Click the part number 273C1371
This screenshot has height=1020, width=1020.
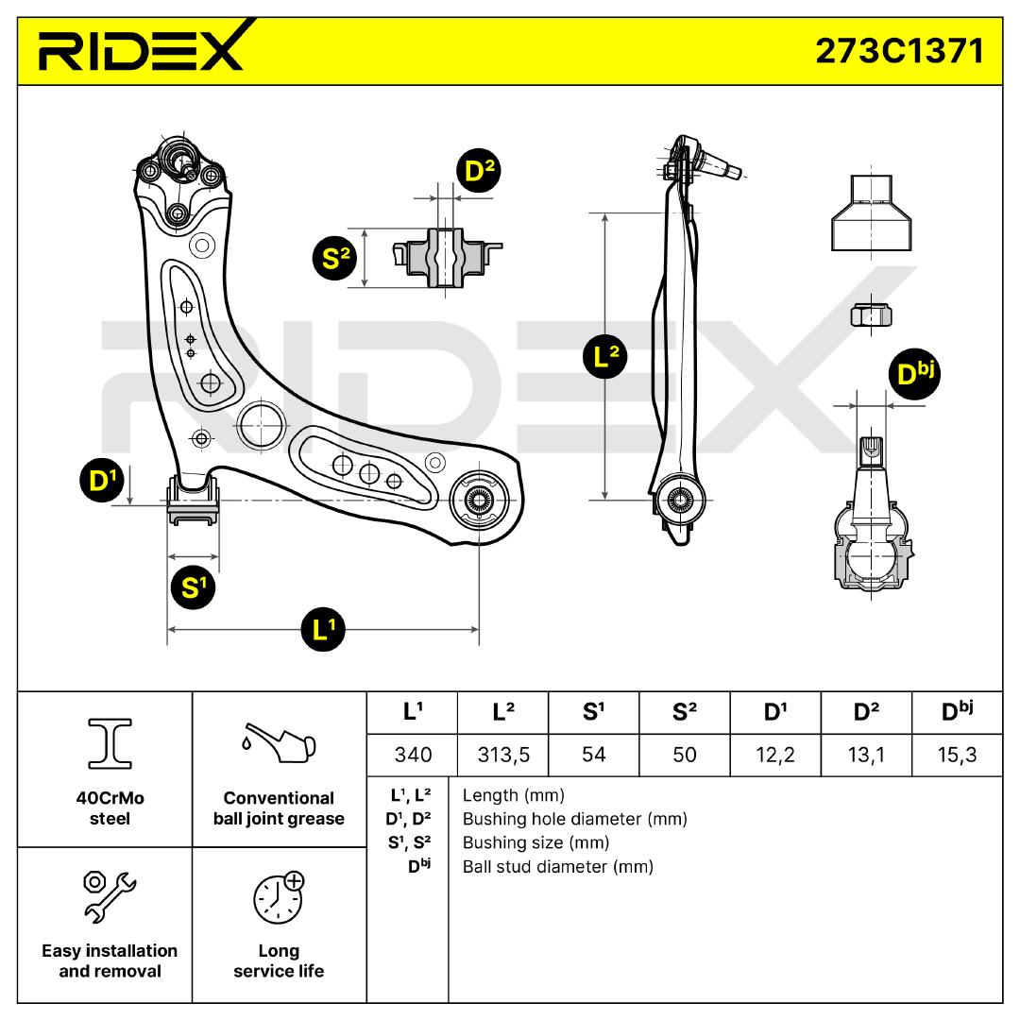pos(899,51)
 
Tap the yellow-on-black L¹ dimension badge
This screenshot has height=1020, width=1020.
pos(323,629)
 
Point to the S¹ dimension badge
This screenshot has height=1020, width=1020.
pos(193,587)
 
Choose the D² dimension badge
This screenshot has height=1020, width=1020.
pos(479,171)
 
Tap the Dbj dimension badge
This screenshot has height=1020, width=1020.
pos(914,374)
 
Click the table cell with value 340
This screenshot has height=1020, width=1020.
pos(412,755)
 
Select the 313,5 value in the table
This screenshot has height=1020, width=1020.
pos(502,755)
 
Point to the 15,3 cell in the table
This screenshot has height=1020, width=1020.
pos(956,755)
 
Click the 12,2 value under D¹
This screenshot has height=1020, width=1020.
pos(775,755)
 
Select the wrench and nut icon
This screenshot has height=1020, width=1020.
pos(110,893)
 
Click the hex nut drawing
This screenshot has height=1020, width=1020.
pos(871,314)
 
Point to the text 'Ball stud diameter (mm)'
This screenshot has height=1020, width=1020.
pos(557,866)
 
